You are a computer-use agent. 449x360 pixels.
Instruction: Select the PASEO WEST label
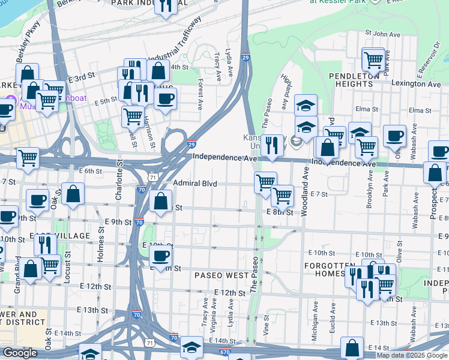(x=217, y=275)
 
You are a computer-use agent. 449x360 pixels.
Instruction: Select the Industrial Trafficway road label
(x=173, y=46)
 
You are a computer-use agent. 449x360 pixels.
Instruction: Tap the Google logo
(x=20, y=353)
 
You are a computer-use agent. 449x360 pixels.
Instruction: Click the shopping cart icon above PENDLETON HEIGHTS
(x=373, y=59)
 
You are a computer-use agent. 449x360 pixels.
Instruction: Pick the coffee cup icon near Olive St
(x=394, y=136)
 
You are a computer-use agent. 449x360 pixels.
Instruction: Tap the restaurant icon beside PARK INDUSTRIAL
(x=165, y=6)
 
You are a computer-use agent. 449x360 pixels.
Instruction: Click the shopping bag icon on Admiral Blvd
(x=161, y=202)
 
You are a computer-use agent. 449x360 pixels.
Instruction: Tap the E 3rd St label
(x=82, y=78)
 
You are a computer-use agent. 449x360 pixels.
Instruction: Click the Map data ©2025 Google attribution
(x=412, y=355)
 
